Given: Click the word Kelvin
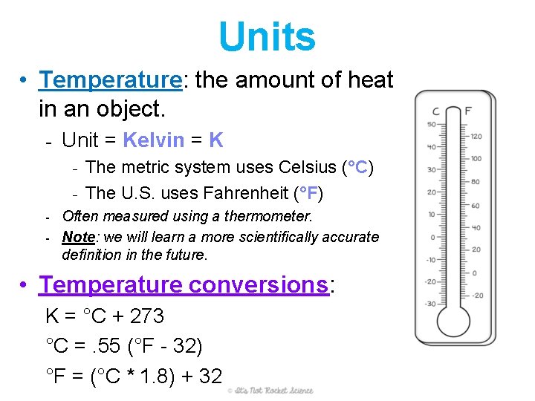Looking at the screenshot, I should pyautogui.click(x=153, y=140).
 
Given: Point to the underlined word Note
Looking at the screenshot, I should pyautogui.click(x=78, y=237).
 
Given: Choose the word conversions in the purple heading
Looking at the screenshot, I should pyautogui.click(x=259, y=284).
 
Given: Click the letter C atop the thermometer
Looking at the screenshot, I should pyautogui.click(x=436, y=111).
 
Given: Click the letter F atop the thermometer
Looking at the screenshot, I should pyautogui.click(x=468, y=111).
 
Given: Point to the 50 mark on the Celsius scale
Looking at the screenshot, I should pyautogui.click(x=431, y=125).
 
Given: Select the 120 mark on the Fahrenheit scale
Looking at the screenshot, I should pyautogui.click(x=476, y=137).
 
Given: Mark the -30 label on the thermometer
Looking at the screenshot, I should pyautogui.click(x=430, y=304).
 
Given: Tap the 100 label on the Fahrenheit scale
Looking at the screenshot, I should pyautogui.click(x=476, y=159).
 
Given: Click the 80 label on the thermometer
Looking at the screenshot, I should pyautogui.click(x=475, y=181).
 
